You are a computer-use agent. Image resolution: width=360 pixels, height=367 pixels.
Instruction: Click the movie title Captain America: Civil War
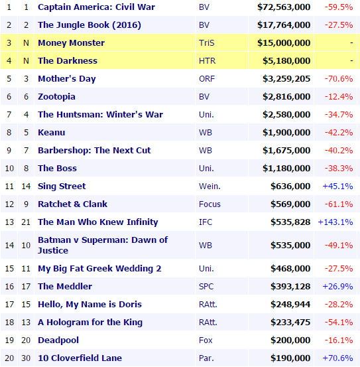[96, 7]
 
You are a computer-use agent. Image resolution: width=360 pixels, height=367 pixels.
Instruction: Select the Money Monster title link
[72, 43]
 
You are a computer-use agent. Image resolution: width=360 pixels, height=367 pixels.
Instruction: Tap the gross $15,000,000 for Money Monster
[284, 43]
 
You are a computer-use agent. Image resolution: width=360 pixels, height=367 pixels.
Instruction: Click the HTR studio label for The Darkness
[207, 61]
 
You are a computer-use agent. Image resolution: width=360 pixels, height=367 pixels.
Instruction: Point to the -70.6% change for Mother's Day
[339, 78]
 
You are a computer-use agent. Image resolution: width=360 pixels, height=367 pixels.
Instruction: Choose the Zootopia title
[56, 97]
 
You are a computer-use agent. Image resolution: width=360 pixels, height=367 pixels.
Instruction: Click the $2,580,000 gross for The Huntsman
[286, 114]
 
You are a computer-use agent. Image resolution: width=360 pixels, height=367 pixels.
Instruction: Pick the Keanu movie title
[52, 133]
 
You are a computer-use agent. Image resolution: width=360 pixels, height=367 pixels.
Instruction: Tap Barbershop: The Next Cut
[94, 150]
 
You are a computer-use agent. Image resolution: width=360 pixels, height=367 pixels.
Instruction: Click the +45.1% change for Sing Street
[337, 186]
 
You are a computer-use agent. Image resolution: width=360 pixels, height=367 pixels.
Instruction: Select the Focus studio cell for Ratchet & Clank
[210, 204]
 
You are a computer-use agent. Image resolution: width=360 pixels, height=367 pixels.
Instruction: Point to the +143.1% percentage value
[335, 222]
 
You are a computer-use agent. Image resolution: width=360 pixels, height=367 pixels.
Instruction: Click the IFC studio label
[206, 222]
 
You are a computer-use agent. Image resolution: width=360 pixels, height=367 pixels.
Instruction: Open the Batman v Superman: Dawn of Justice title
[103, 245]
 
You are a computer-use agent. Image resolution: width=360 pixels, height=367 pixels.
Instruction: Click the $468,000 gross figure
[290, 269]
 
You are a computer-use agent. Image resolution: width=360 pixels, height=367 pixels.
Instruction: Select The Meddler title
[65, 286]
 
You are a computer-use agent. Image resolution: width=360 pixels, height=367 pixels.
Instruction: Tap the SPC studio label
[206, 286]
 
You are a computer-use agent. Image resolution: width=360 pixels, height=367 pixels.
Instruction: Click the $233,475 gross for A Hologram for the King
[290, 322]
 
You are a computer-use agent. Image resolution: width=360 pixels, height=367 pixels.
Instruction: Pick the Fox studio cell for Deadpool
[206, 340]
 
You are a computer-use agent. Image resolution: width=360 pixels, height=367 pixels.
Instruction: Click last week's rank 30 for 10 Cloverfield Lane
[26, 358]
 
